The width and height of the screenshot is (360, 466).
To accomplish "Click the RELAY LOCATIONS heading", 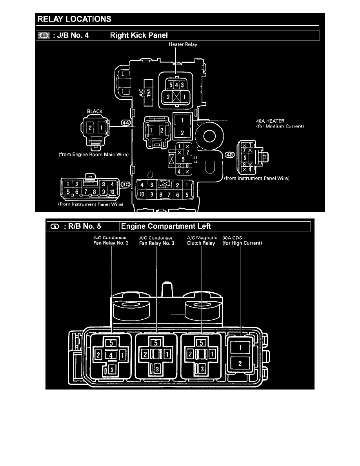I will (74, 19).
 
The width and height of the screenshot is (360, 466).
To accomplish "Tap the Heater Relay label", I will (183, 44).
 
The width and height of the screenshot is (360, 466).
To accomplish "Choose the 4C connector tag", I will (126, 184).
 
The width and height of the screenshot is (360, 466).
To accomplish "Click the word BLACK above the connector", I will (95, 111).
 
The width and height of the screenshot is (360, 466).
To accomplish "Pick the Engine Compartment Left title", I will (166, 226).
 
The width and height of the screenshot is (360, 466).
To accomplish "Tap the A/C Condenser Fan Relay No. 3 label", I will (157, 240).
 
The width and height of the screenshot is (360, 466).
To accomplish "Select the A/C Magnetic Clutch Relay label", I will (202, 240).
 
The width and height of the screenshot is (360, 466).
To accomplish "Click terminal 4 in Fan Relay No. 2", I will (111, 355).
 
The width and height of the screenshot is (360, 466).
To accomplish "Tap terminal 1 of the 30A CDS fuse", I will (240, 347).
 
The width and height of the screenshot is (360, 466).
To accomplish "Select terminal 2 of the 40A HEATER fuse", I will (182, 133).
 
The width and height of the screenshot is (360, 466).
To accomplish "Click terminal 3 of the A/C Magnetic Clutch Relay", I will (202, 369).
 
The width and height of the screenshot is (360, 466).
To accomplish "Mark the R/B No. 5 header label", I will (82, 226).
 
